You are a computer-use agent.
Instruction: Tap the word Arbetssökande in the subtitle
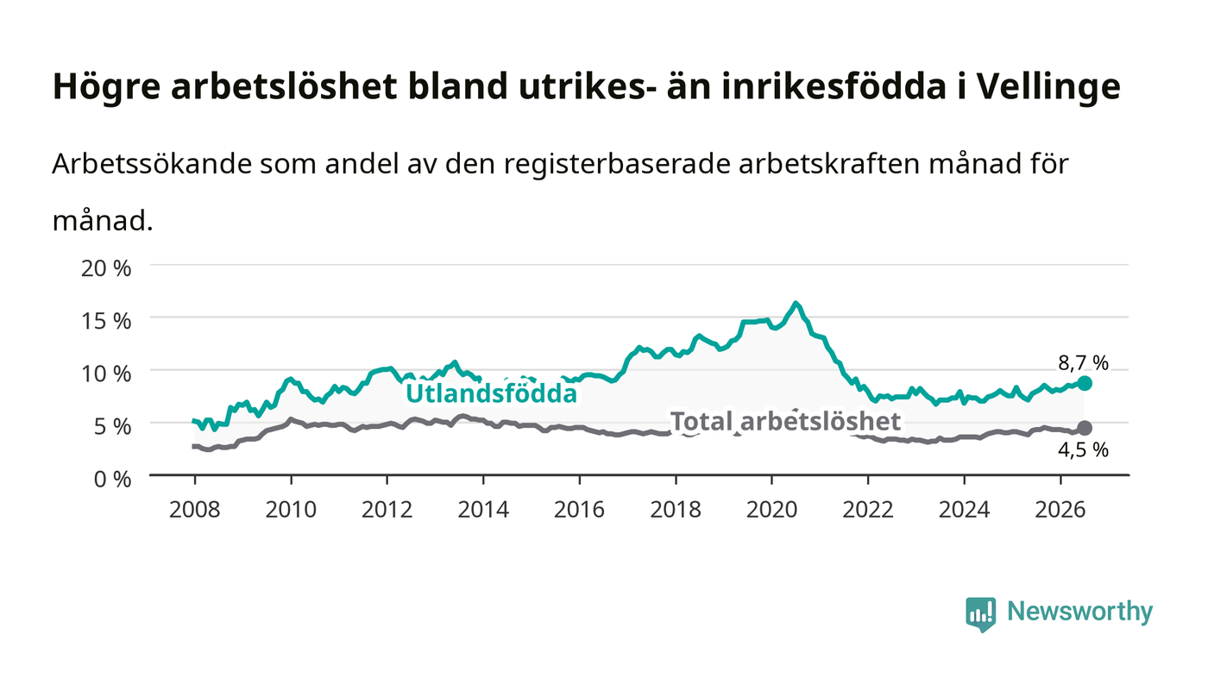[x=152, y=164]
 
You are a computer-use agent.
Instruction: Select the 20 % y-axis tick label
[x=106, y=268]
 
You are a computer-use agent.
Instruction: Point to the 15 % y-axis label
[x=106, y=321]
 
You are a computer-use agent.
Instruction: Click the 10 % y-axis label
[x=106, y=374]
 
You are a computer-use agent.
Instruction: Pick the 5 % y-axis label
[x=113, y=426]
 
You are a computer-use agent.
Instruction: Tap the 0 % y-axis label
[x=113, y=479]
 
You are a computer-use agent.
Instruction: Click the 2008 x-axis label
[x=195, y=509]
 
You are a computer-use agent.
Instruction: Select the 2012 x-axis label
[x=387, y=509]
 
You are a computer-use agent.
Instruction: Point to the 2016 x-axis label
[x=579, y=509]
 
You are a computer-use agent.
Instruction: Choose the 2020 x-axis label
[x=771, y=509]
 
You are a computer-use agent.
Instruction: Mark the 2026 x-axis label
[x=1060, y=509]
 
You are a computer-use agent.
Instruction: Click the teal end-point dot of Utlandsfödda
[x=1085, y=384]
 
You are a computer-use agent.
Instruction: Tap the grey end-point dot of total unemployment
[x=1085, y=428]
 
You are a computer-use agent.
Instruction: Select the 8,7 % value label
[x=1084, y=363]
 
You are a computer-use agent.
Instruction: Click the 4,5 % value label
[x=1084, y=449]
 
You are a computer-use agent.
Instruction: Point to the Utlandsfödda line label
[x=491, y=393]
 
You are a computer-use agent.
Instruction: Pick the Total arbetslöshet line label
[x=785, y=421]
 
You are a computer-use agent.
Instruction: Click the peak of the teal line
[x=796, y=304]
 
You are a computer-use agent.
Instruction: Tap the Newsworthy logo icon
[x=981, y=614]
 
